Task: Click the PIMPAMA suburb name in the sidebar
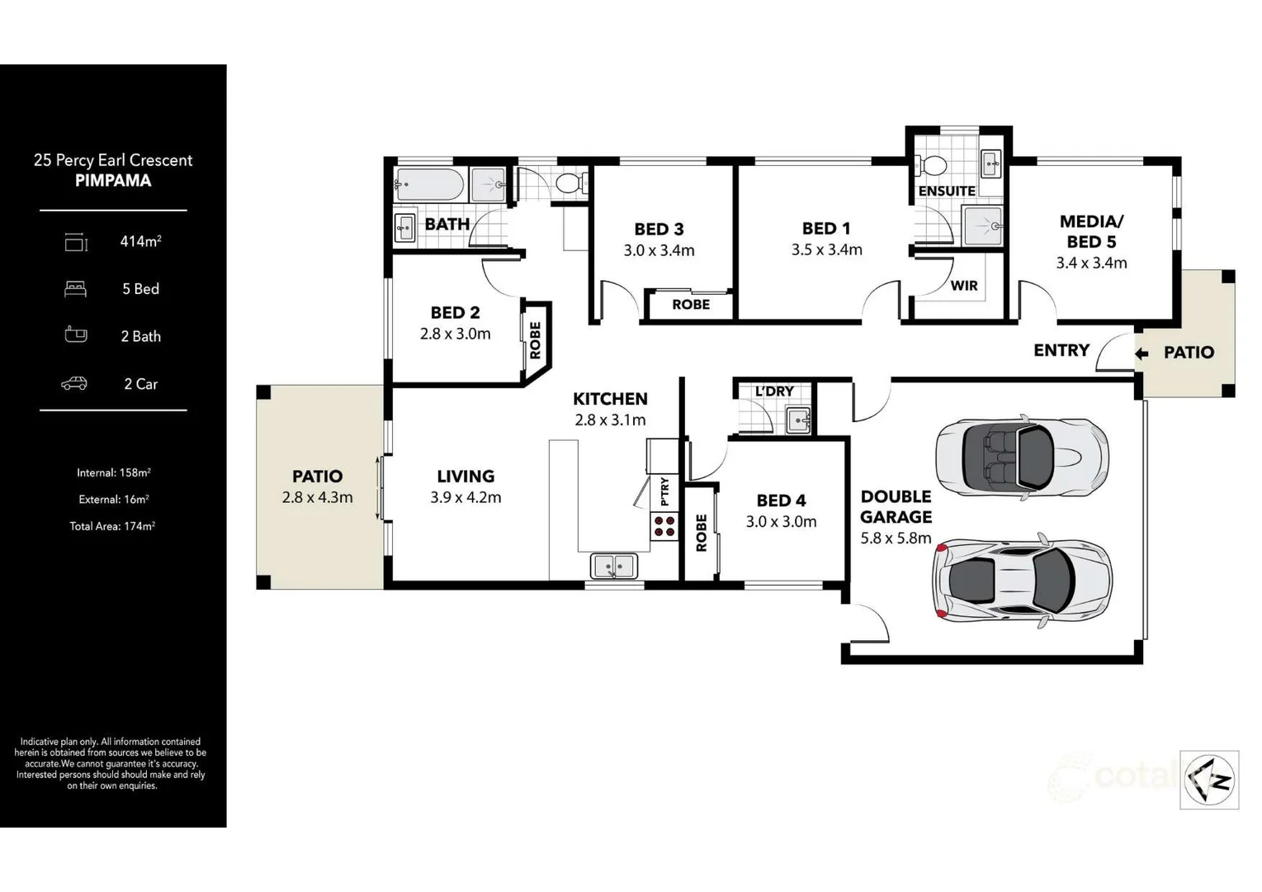pos(113,181)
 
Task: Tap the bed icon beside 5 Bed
pos(76,289)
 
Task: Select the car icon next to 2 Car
pos(74,383)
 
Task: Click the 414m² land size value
pos(140,241)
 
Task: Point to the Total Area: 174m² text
pos(112,526)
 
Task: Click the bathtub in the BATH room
pos(430,184)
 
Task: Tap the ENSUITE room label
pos(947,191)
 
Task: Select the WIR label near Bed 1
pos(963,286)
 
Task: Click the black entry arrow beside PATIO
pos(1141,353)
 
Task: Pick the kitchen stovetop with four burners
pos(664,526)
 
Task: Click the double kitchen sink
pos(613,566)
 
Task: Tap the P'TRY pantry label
pos(664,491)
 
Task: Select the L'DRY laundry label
pos(774,391)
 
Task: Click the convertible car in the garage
pos(1022,457)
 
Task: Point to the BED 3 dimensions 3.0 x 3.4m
pos(659,250)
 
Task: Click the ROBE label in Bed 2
pos(535,340)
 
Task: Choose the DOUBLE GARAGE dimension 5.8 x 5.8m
pos(896,539)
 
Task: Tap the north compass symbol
pos(1209,779)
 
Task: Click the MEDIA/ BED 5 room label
pos(1091,231)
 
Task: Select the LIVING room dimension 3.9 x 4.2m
pos(466,497)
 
